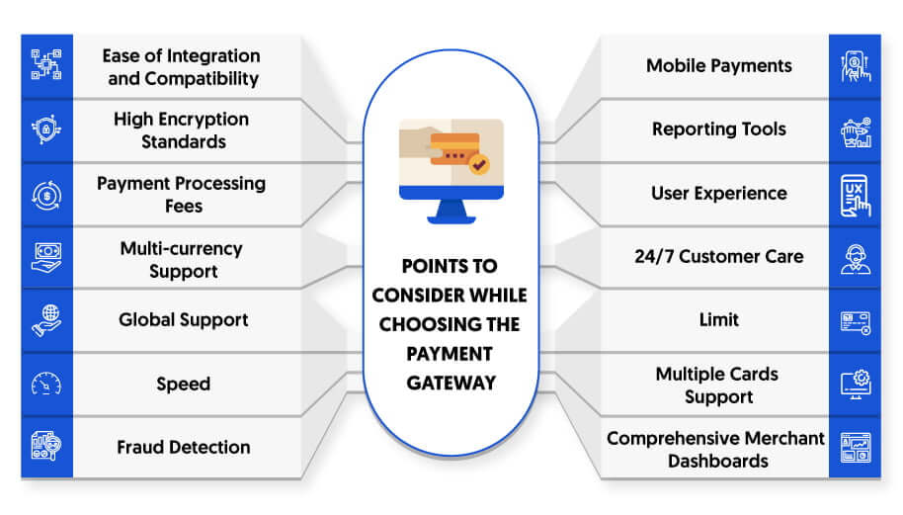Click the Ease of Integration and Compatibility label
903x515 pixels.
coord(182,67)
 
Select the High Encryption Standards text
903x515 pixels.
coord(182,130)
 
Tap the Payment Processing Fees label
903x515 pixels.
coord(182,195)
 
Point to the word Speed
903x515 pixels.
coord(183,385)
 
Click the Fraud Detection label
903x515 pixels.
coord(183,447)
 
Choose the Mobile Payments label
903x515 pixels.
coord(718,66)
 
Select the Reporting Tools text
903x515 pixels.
coord(718,129)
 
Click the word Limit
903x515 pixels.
coord(718,319)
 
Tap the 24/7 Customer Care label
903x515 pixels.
coord(718,256)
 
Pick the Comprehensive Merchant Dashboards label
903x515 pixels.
coord(716,450)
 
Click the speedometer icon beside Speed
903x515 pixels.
coord(46,384)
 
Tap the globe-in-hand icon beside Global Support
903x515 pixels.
coord(46,320)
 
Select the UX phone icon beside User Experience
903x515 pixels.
coord(856,196)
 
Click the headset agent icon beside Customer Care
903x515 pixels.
coord(856,259)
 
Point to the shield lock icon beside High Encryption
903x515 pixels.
coord(46,129)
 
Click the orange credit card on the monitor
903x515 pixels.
coord(454,149)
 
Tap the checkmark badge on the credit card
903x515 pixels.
coord(478,165)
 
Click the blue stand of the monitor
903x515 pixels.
coord(451,212)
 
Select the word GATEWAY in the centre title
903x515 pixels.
coord(451,384)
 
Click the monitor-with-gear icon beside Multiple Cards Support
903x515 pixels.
coord(856,385)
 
